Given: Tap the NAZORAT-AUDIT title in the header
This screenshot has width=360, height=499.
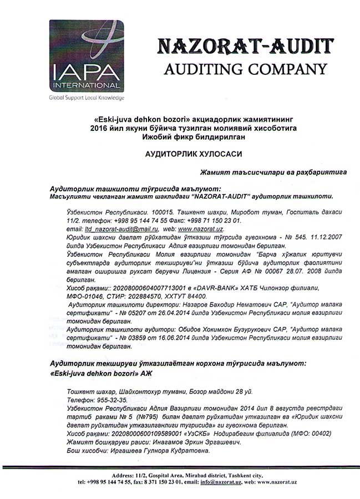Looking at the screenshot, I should point(246,46).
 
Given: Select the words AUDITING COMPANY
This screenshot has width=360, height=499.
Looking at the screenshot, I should point(246,69).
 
